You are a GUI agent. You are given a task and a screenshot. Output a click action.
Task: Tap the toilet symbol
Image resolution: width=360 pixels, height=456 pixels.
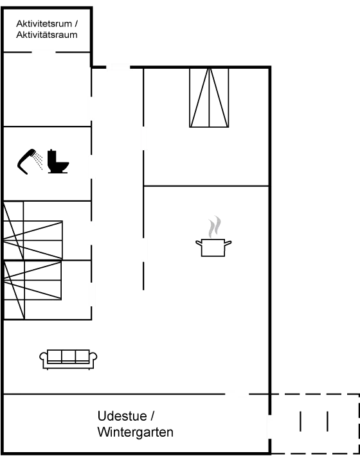coord(58,162)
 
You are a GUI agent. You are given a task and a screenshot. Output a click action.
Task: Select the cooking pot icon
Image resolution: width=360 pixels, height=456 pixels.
coord(213,247)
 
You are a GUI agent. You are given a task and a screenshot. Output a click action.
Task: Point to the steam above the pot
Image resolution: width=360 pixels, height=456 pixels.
coord(214,227)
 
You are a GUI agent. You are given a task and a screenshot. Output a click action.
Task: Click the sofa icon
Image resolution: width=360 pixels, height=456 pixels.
coord(68,360)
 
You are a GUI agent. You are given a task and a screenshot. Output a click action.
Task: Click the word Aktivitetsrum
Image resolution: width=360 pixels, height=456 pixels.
coord(44,24)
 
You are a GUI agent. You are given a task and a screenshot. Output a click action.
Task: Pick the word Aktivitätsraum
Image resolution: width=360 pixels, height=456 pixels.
coord(47,35)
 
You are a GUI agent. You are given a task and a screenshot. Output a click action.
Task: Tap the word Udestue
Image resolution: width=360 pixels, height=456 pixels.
coord(122,416)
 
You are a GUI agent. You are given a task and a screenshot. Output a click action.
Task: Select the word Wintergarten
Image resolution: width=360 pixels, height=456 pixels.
coord(136,432)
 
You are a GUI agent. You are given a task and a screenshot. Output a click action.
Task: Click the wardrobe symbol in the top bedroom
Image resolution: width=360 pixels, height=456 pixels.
coord(209,98)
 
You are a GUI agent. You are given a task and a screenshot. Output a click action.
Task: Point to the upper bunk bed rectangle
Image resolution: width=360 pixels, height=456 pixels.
coord(33,240)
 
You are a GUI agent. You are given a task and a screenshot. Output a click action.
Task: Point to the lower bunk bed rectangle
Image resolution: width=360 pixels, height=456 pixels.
coord(33,281)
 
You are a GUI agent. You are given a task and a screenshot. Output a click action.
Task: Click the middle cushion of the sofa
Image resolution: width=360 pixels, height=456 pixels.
coord(68,356)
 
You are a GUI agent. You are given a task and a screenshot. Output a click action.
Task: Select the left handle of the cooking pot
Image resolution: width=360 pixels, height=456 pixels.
coord(199,243)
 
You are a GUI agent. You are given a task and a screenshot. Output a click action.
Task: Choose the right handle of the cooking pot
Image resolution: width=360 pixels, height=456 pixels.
coord(228,243)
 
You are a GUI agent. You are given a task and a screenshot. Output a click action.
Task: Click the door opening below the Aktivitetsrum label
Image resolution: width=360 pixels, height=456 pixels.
coord(43,52)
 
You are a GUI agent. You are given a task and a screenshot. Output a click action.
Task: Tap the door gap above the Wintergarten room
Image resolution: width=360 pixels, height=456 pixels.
coord(237,394)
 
